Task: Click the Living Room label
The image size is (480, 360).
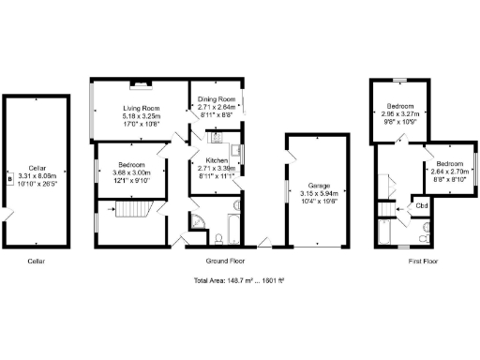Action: [x=137, y=109]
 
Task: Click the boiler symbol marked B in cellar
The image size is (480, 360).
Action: [x=10, y=175]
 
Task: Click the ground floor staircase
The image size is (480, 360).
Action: [x=127, y=221]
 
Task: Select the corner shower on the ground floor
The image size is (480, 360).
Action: [x=199, y=221]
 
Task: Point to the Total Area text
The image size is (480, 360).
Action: [x=239, y=281]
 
